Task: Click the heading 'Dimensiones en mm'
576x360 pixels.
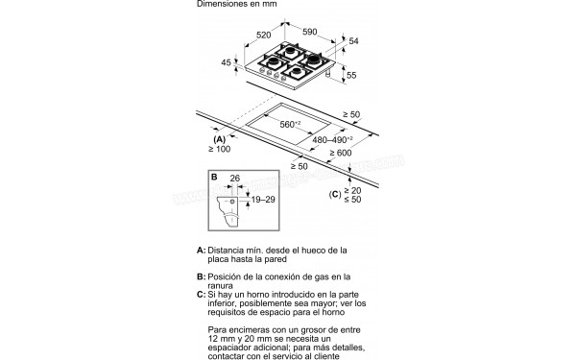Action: pos(236,5)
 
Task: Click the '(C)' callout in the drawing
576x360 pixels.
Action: pos(334,195)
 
